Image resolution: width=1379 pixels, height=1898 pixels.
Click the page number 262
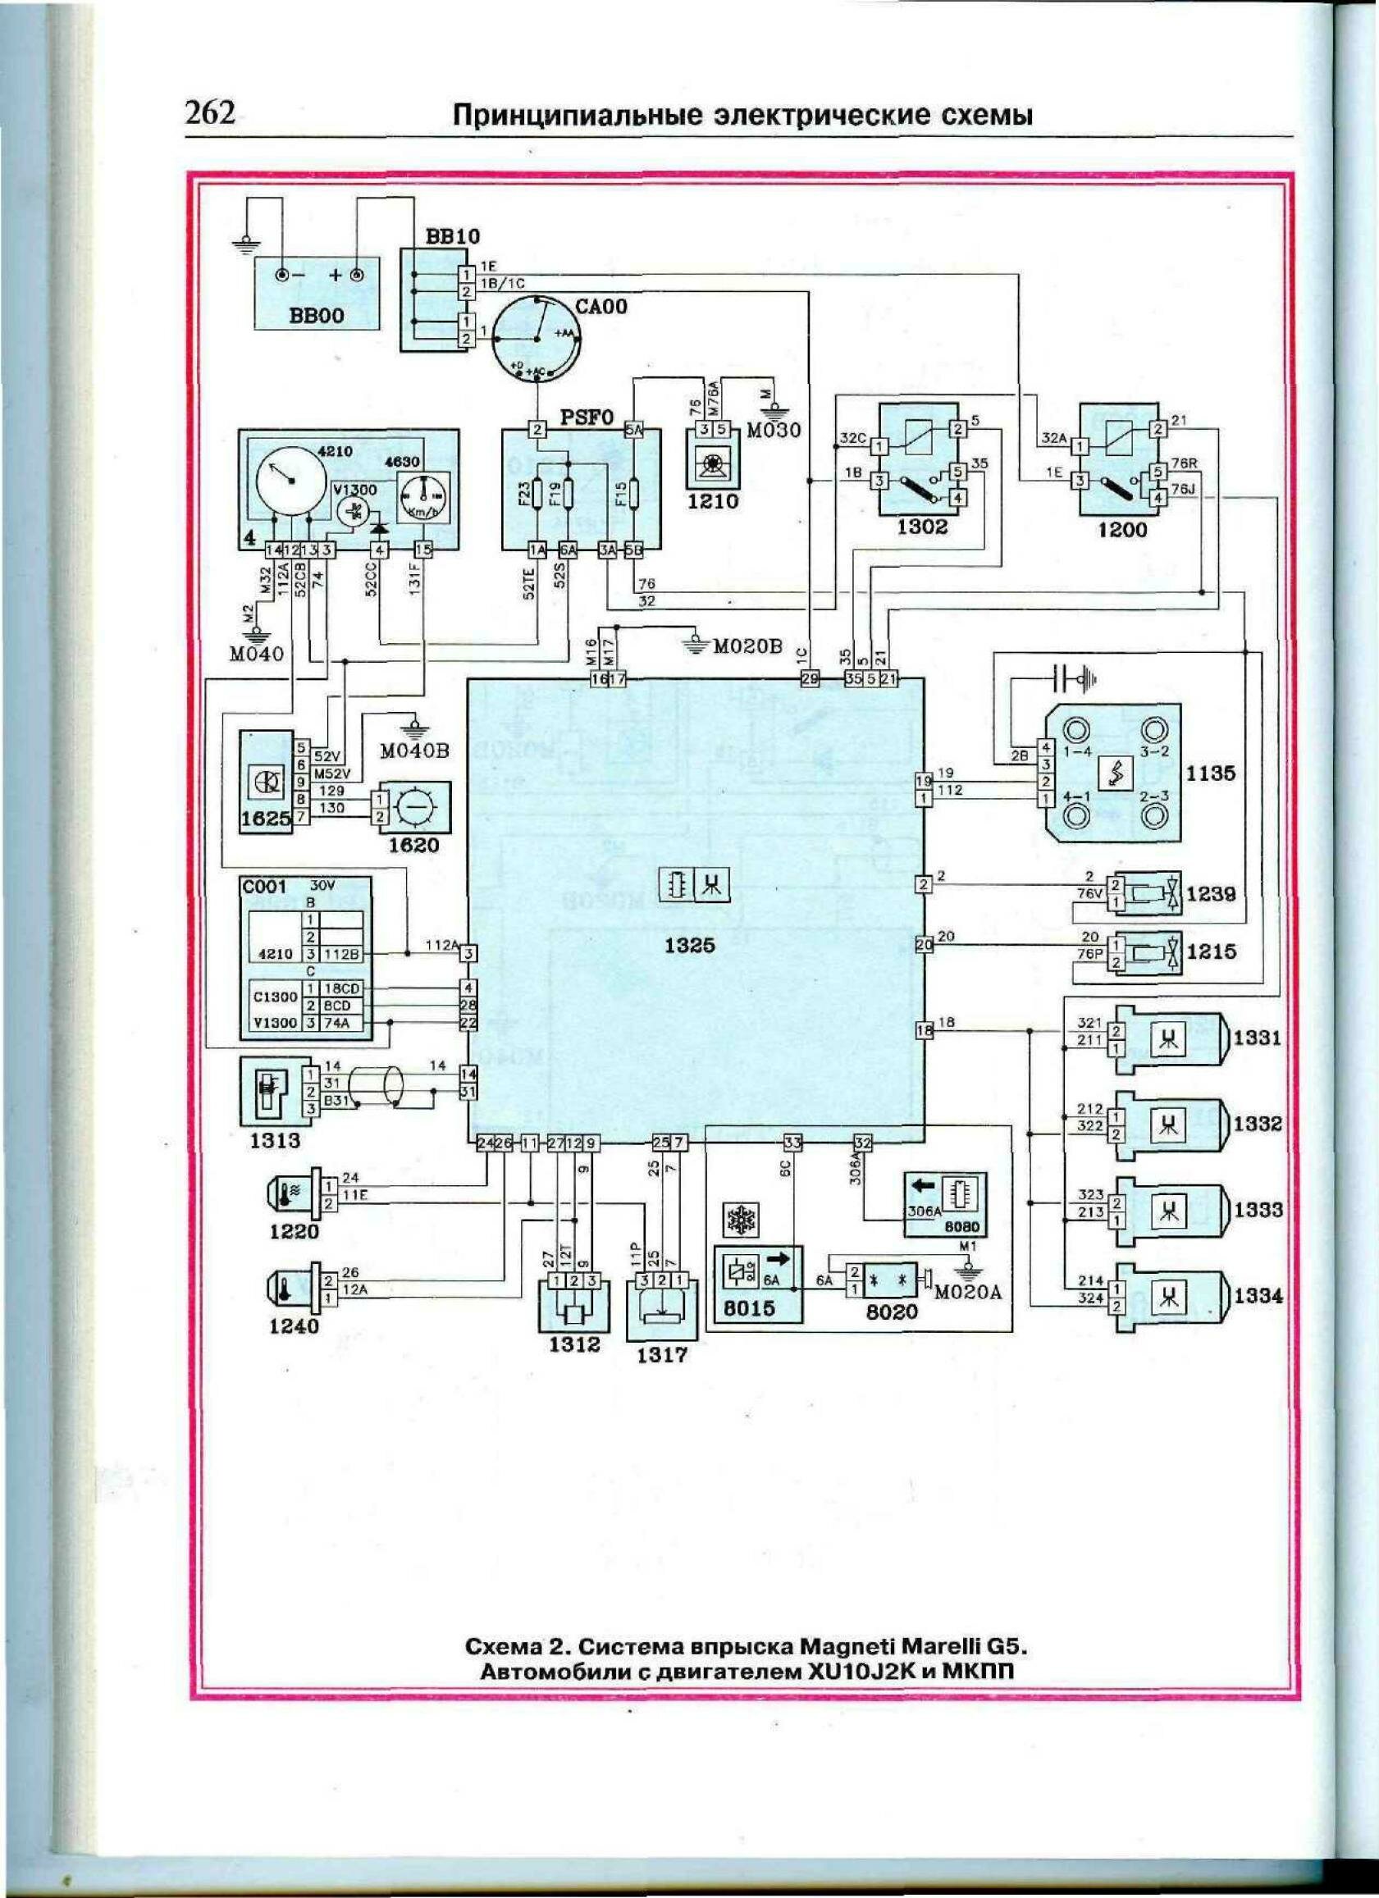211,112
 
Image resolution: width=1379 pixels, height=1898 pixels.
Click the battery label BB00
317,317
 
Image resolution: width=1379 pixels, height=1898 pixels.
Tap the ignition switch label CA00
600,306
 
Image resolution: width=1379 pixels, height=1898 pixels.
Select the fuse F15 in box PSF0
635,495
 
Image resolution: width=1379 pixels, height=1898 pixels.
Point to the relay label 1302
922,527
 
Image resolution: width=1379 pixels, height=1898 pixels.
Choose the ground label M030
774,430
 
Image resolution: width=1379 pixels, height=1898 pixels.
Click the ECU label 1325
691,945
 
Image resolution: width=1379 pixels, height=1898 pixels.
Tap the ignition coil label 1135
1210,773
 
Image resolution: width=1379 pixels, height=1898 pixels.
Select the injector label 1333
1258,1209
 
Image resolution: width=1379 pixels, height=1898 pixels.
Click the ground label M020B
747,646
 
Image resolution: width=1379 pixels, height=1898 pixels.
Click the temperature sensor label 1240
295,1325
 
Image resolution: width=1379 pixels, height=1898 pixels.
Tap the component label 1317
662,1355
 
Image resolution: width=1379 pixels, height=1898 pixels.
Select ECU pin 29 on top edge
809,679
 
